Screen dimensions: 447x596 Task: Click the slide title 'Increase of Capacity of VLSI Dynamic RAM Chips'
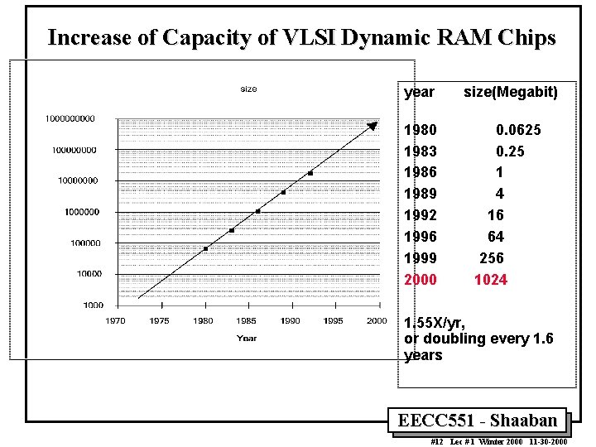tap(302, 37)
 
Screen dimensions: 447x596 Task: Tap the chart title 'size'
tap(248, 89)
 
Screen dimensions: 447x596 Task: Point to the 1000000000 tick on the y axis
tap(70, 118)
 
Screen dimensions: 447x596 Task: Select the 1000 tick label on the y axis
tap(93, 305)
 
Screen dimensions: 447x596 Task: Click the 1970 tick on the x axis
tap(116, 321)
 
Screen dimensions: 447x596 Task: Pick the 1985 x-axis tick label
tap(246, 321)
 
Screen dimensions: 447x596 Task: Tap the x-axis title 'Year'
tap(246, 338)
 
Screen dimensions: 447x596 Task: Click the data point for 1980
tap(205, 248)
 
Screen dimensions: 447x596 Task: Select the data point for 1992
tap(310, 173)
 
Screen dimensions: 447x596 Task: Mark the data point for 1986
tap(257, 211)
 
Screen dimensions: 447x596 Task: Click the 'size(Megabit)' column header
tap(510, 92)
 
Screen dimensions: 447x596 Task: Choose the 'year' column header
tap(419, 92)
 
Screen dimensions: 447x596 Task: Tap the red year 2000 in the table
tap(421, 280)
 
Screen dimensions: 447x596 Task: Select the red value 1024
tap(490, 280)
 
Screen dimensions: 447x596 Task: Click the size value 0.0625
tap(518, 130)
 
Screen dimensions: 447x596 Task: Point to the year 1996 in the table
tap(421, 237)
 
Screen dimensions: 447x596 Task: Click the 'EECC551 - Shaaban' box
tap(478, 421)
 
